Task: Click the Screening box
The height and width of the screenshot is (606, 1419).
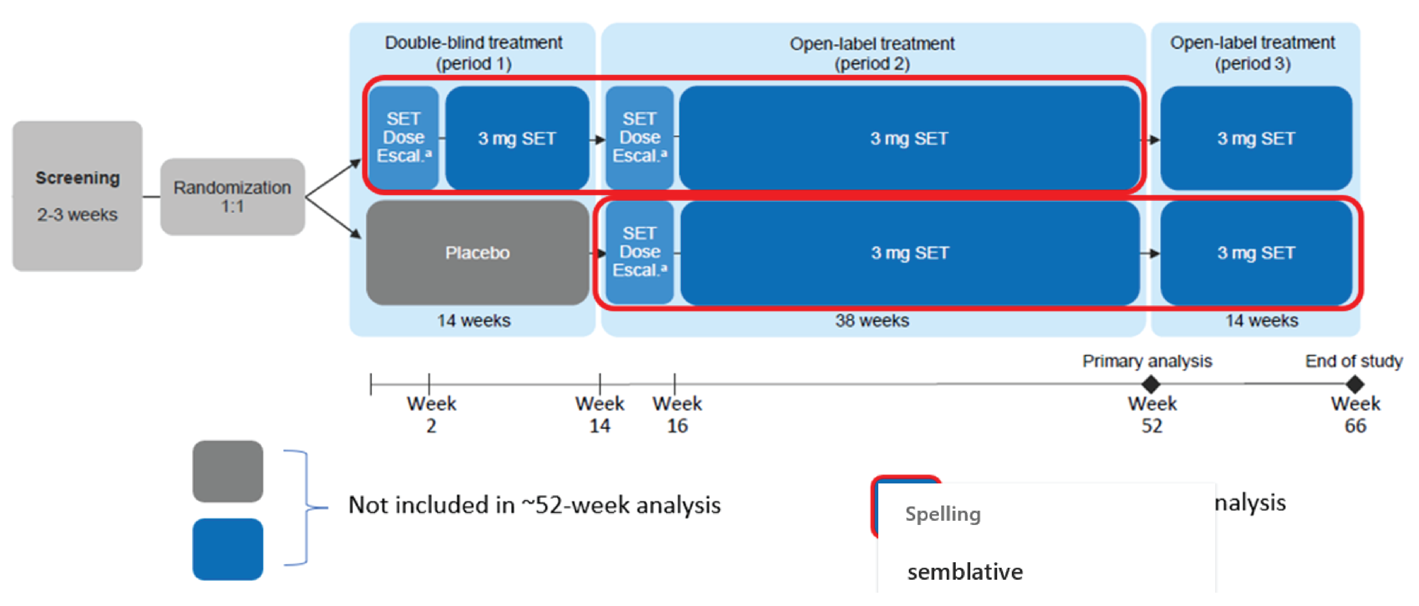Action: click(x=77, y=196)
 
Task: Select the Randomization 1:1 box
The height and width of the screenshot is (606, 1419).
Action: click(x=232, y=197)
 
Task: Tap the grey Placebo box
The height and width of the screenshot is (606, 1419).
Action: click(x=477, y=253)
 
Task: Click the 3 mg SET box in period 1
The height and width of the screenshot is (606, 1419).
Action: click(x=517, y=138)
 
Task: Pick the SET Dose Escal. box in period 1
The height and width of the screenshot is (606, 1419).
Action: click(x=403, y=138)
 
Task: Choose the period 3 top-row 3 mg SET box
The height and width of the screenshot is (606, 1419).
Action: click(x=1255, y=138)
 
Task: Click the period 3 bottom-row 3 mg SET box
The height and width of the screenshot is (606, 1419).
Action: click(x=1255, y=253)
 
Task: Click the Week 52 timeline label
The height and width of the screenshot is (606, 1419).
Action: click(x=1151, y=415)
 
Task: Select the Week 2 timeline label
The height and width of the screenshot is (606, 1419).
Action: click(x=431, y=415)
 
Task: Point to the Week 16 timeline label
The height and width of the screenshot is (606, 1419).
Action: click(x=677, y=415)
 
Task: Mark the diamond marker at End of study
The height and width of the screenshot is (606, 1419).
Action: click(x=1355, y=384)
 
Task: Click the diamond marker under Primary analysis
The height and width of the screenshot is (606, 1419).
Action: click(x=1151, y=384)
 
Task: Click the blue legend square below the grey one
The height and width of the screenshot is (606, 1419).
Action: click(x=227, y=549)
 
